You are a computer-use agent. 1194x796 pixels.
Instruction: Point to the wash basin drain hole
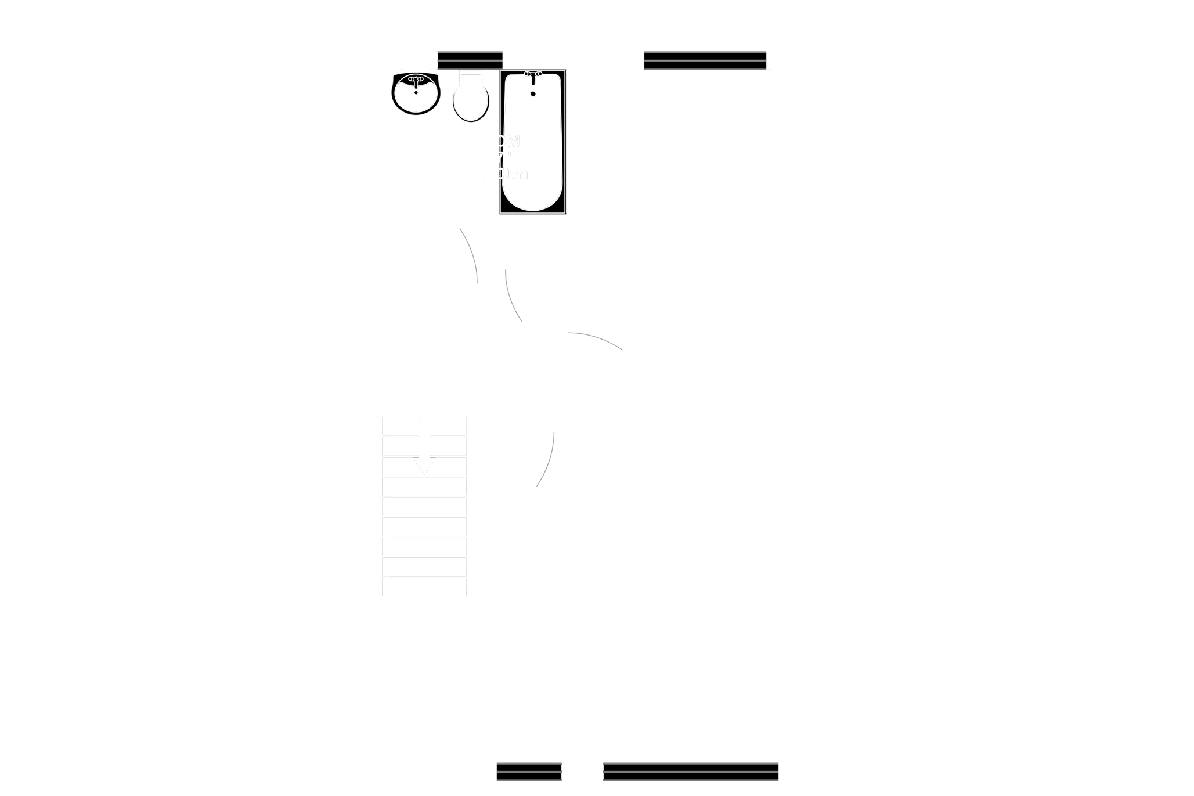[x=416, y=92]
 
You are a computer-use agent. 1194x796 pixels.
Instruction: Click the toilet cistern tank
[x=470, y=76]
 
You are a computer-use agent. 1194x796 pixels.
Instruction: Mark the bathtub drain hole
[x=533, y=93]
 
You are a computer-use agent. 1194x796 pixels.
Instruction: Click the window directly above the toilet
[x=470, y=59]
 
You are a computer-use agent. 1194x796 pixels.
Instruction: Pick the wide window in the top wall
[x=705, y=60]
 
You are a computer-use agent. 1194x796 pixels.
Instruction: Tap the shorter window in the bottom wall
[x=529, y=773]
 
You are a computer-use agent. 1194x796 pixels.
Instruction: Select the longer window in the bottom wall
[x=691, y=773]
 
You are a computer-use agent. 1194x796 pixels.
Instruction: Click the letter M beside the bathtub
[x=513, y=142]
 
